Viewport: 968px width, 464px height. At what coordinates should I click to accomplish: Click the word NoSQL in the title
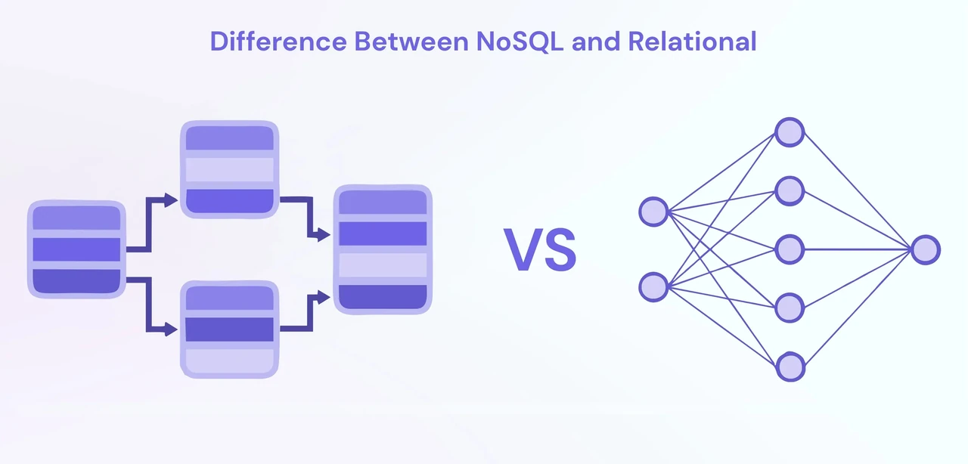pyautogui.click(x=520, y=42)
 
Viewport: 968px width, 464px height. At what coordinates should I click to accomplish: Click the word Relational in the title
pyautogui.click(x=692, y=42)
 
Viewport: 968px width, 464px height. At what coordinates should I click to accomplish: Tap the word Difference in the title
pyautogui.click(x=278, y=42)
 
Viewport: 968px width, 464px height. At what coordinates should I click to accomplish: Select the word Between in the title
pyautogui.click(x=411, y=42)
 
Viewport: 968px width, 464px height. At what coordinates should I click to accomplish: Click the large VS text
pyautogui.click(x=540, y=249)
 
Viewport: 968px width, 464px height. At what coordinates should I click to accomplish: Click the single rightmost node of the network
pyautogui.click(x=926, y=249)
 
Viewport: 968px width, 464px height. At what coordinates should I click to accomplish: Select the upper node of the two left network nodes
pyautogui.click(x=653, y=212)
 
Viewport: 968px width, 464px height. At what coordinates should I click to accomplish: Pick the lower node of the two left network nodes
pyautogui.click(x=653, y=287)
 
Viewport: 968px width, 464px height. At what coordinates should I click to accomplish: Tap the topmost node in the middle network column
pyautogui.click(x=790, y=132)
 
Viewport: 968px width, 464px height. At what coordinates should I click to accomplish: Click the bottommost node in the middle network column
pyautogui.click(x=790, y=367)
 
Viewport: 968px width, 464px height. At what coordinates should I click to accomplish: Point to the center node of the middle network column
pyautogui.click(x=790, y=249)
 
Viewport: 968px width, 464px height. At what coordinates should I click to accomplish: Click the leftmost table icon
pyautogui.click(x=76, y=249)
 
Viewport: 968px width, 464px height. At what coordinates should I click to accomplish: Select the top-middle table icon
pyautogui.click(x=229, y=169)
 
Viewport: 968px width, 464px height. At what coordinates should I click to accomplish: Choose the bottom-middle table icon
pyautogui.click(x=229, y=329)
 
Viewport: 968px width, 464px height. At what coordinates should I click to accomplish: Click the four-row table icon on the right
pyautogui.click(x=383, y=249)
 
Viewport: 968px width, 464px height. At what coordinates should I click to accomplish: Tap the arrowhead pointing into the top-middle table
pyautogui.click(x=171, y=200)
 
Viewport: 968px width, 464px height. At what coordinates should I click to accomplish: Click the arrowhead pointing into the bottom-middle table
pyautogui.click(x=171, y=329)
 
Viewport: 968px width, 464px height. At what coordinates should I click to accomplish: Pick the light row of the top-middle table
pyautogui.click(x=229, y=169)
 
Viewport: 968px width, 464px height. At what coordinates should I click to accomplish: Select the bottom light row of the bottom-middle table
pyautogui.click(x=229, y=360)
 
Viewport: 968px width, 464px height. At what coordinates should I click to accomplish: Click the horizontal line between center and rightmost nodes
pyautogui.click(x=858, y=249)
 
